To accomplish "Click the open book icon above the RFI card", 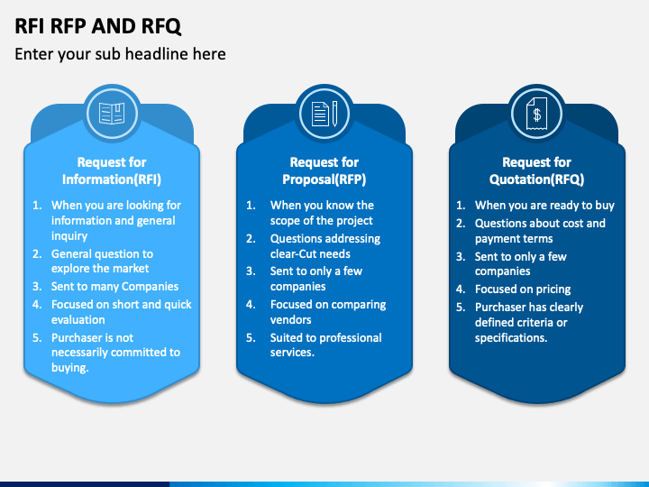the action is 112,114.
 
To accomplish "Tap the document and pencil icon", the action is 324,114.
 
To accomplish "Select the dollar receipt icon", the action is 537,114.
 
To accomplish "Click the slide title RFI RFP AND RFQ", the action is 98,26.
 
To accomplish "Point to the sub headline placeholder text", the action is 120,54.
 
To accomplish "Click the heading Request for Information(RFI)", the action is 112,170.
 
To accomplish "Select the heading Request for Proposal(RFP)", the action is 324,170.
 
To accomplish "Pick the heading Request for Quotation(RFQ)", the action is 537,170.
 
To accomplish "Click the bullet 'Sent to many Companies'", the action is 114,287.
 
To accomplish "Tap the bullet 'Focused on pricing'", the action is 523,289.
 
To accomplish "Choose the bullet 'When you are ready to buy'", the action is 544,206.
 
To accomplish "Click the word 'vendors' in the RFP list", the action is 290,319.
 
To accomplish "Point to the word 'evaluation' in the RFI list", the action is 78,319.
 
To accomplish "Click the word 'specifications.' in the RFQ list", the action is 511,338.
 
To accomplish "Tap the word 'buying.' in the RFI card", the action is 70,368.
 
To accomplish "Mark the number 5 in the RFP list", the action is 251,338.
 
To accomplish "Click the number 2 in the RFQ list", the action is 461,224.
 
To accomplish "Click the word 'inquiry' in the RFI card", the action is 69,236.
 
